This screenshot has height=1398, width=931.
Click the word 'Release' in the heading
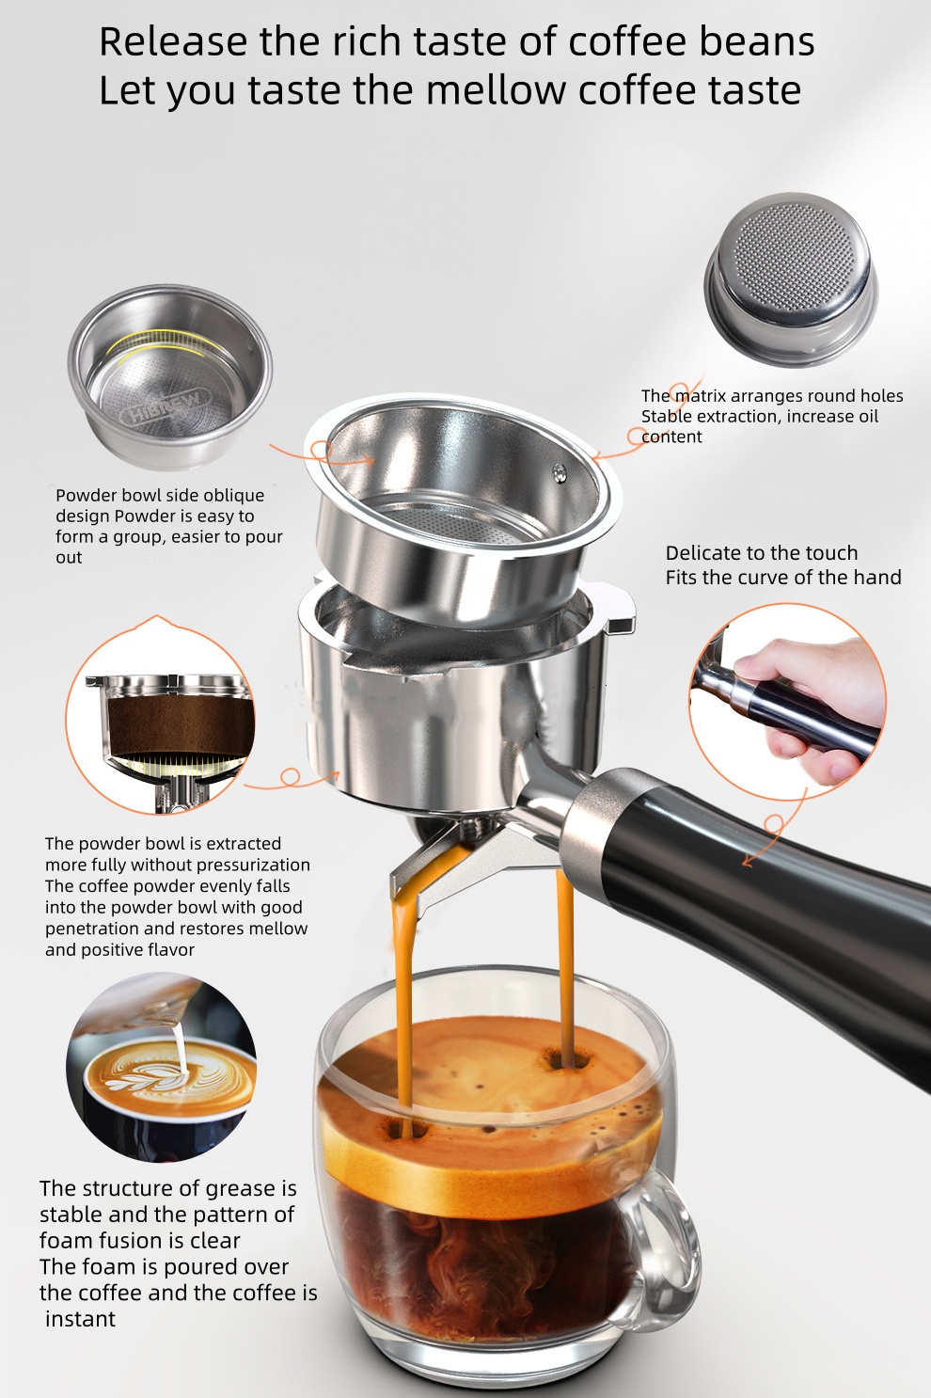coord(171,42)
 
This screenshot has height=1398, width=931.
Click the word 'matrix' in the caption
coord(700,396)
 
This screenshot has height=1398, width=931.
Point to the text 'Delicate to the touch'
coord(761,553)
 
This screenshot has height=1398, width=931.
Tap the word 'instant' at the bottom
coord(81,1319)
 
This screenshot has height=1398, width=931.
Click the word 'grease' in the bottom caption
coord(239,1188)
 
